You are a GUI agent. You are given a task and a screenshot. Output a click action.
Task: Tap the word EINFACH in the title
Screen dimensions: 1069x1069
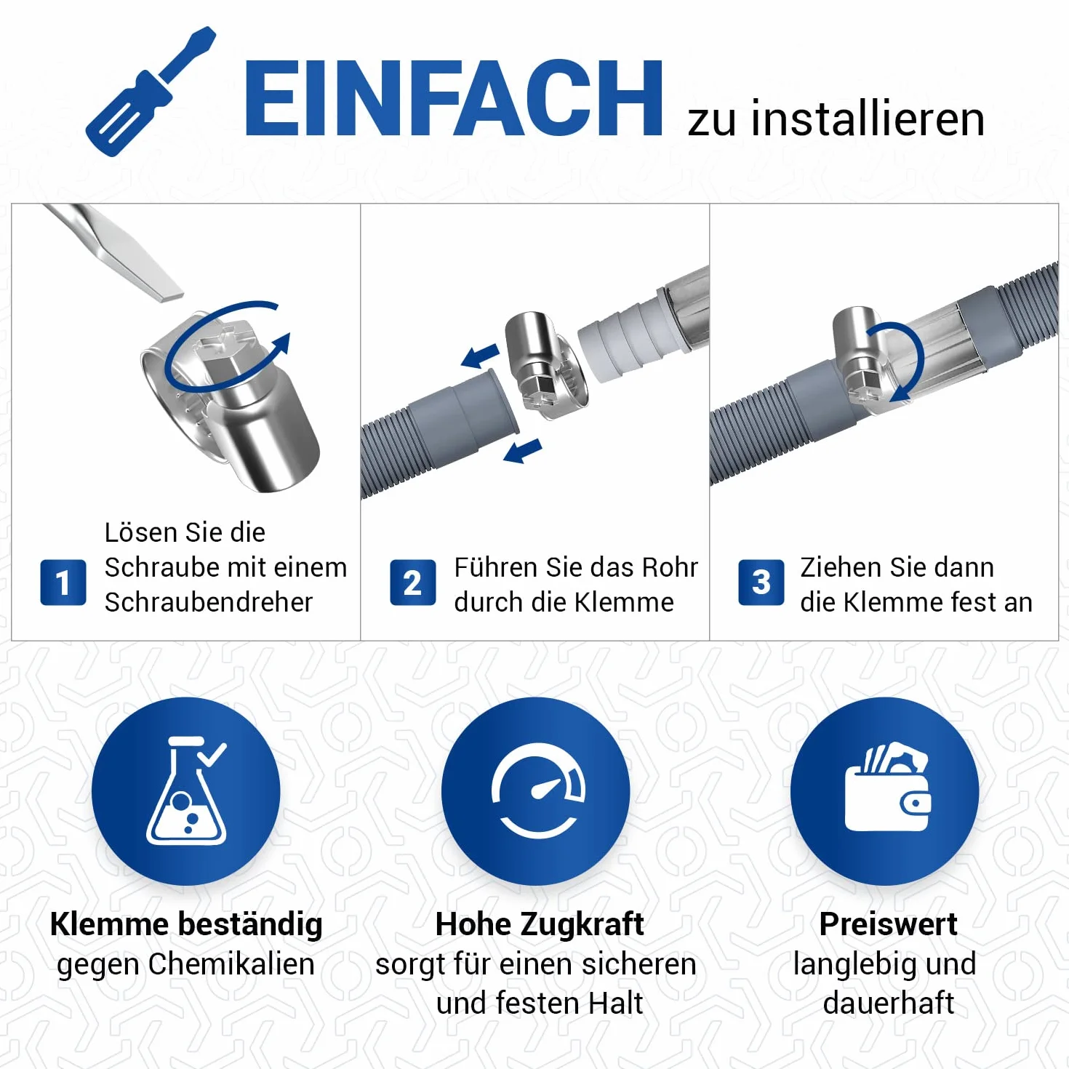pos(453,98)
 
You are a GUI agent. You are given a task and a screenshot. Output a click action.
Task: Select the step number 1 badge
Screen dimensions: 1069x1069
pos(63,582)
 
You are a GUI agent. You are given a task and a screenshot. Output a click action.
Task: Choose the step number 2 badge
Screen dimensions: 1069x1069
pos(413,582)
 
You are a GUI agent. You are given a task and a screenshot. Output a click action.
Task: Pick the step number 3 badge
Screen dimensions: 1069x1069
pos(761,582)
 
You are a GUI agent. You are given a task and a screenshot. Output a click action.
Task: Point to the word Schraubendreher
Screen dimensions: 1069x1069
pos(209,602)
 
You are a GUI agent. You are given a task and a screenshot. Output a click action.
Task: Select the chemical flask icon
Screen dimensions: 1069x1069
pos(187,790)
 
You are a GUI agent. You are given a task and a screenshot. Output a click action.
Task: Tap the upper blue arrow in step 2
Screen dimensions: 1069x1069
pos(481,356)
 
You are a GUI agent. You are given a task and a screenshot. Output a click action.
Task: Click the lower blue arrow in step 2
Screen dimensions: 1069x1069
pos(523,450)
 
